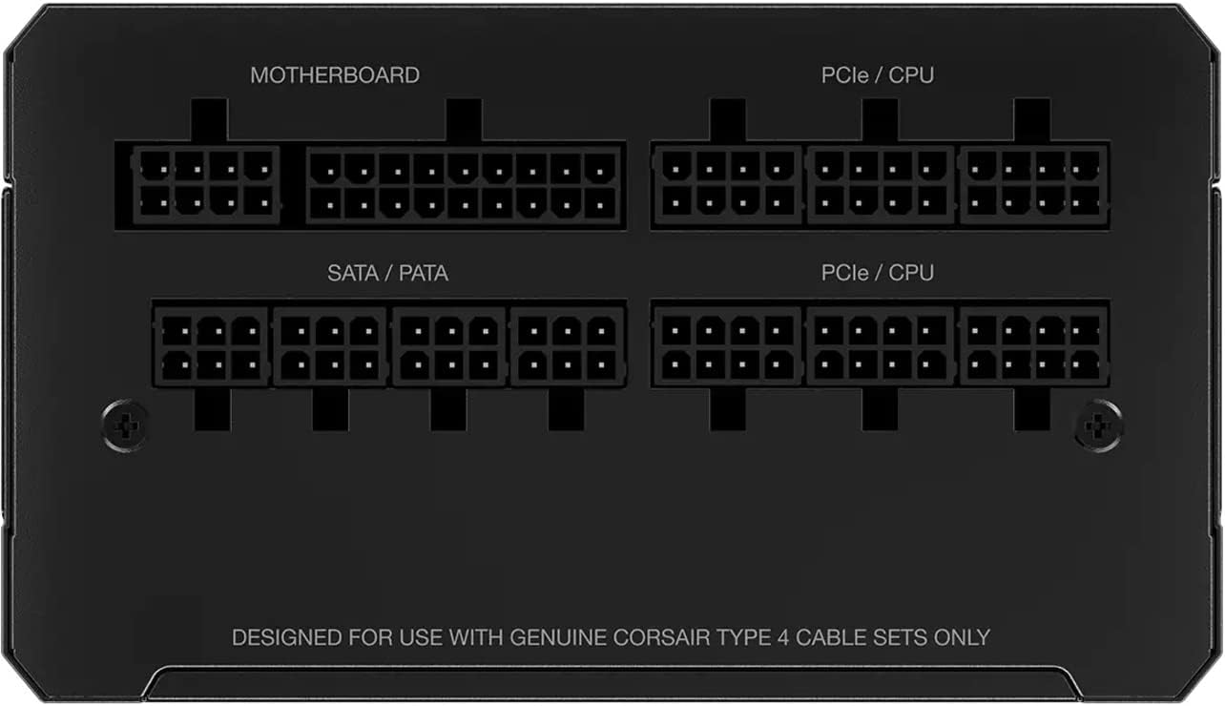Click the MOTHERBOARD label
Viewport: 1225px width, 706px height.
pyautogui.click(x=334, y=75)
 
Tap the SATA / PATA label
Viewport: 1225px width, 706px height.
pyautogui.click(x=387, y=273)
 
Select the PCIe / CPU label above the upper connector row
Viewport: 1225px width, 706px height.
pyautogui.click(x=877, y=75)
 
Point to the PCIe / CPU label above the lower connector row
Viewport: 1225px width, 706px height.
pyautogui.click(x=877, y=273)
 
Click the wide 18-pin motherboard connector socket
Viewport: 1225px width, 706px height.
pyautogui.click(x=464, y=185)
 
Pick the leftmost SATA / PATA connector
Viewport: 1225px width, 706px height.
pyautogui.click(x=211, y=347)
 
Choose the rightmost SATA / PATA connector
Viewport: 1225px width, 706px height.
pyautogui.click(x=568, y=347)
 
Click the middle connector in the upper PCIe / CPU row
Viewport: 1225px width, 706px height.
pyautogui.click(x=880, y=185)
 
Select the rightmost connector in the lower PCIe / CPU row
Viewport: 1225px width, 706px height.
pyautogui.click(x=1033, y=345)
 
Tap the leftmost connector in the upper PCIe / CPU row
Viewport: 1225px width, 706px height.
pyautogui.click(x=727, y=185)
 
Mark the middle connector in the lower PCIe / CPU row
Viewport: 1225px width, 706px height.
pyautogui.click(x=880, y=345)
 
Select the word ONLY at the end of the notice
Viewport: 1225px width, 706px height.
pyautogui.click(x=961, y=636)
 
